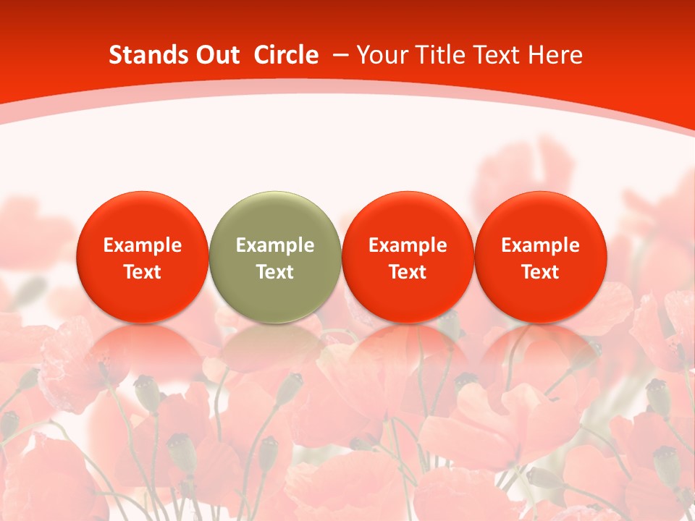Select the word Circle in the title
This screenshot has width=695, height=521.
pos(286,55)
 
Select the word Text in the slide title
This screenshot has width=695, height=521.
pos(495,55)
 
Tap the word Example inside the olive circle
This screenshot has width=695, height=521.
pos(275,245)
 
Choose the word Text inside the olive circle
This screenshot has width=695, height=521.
pos(275,272)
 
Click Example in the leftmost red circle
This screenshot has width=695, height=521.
pos(143,245)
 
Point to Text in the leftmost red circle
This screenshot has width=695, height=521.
pos(143,272)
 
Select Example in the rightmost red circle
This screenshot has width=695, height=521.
pos(540,245)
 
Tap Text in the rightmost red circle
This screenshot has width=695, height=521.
pos(540,272)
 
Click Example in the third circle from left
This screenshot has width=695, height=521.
pos(408,245)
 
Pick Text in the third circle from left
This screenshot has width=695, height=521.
pos(408,272)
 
